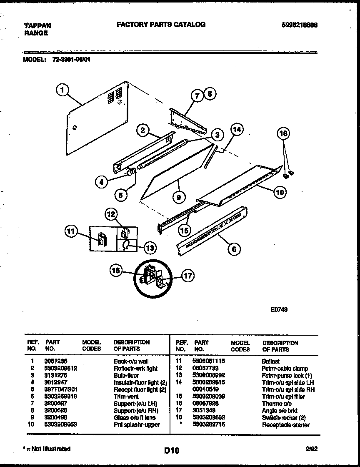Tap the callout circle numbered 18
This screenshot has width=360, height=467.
(x=283, y=133)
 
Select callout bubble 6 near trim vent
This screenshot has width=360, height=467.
(x=234, y=249)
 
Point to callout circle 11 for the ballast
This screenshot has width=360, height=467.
(x=71, y=231)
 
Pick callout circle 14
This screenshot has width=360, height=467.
(x=237, y=130)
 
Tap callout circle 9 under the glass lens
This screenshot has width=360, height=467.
(x=178, y=198)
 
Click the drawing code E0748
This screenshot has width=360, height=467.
(x=279, y=309)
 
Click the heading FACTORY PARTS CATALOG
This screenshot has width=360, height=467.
(x=161, y=25)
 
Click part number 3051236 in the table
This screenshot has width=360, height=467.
(x=55, y=361)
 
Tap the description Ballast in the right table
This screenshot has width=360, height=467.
(x=270, y=361)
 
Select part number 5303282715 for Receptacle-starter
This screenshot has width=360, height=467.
(x=209, y=424)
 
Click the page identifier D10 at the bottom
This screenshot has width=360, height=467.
(x=171, y=450)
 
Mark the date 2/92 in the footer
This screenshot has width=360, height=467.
(x=312, y=449)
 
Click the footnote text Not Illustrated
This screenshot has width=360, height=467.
(x=47, y=449)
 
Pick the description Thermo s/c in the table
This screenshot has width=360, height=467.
(x=277, y=404)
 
